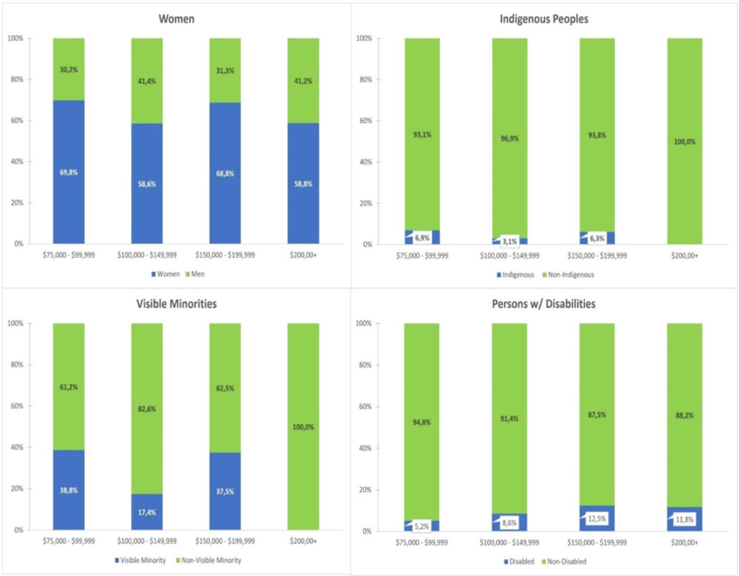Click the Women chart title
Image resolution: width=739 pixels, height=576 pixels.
[176, 19]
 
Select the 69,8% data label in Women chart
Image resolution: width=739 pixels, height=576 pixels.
[68, 173]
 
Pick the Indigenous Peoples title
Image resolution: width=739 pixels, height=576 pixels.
[544, 19]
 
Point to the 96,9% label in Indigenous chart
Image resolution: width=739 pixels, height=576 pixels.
[509, 138]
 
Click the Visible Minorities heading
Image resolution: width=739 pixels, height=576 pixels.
[176, 304]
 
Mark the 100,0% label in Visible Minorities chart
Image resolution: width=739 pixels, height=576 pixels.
[303, 426]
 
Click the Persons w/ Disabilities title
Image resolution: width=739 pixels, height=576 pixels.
[544, 304]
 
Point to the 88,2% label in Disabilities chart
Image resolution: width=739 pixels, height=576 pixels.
[684, 415]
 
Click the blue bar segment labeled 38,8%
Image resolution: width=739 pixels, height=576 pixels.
[68, 490]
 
